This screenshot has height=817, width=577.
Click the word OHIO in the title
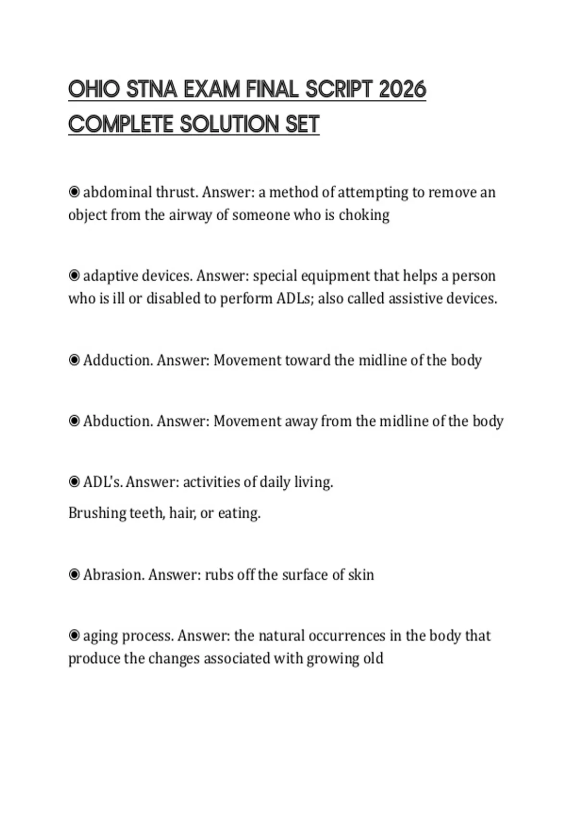click(x=93, y=89)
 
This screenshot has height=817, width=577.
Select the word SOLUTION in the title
click(x=230, y=124)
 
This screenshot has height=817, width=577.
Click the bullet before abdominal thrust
click(x=74, y=192)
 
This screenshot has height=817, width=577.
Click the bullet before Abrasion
click(x=74, y=575)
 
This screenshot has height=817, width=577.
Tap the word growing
click(x=333, y=658)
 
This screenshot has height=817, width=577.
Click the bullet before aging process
click(x=74, y=636)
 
